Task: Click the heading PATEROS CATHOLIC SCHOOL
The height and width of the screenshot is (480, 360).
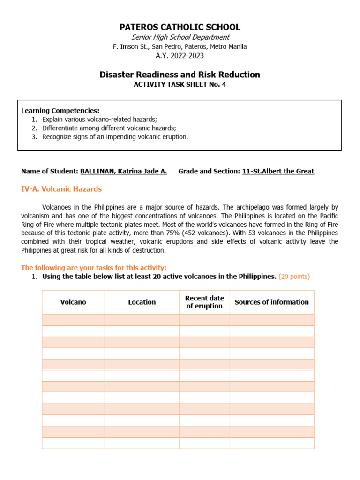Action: [x=180, y=27]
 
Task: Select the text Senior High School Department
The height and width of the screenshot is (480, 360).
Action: [x=180, y=37]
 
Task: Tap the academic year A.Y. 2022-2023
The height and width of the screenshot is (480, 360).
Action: [x=180, y=56]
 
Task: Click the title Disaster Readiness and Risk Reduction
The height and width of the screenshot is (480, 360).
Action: [x=180, y=75]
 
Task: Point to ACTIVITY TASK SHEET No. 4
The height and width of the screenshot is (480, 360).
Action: [x=180, y=85]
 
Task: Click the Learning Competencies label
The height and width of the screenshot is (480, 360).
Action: [x=60, y=111]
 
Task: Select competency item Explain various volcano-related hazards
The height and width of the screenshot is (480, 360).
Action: [x=99, y=119]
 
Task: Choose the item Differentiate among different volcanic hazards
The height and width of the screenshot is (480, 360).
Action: [x=109, y=128]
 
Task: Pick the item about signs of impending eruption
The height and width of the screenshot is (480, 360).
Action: [x=115, y=137]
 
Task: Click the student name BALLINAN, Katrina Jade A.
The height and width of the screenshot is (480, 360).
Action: [x=123, y=171]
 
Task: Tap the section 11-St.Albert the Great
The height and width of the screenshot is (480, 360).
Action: [x=278, y=171]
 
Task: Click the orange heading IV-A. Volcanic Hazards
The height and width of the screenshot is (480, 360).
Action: [x=61, y=189]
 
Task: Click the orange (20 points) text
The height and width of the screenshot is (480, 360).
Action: [x=294, y=277]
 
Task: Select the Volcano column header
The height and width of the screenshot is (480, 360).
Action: [x=73, y=302]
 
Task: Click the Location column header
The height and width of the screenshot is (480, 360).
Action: [x=142, y=302]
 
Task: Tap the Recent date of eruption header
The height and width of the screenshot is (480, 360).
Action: [x=204, y=302]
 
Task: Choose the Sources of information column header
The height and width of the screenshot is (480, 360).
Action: [x=271, y=302]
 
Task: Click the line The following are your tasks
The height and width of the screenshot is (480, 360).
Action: [x=94, y=268]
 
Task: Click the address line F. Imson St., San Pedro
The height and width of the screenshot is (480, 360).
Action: [x=180, y=46]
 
